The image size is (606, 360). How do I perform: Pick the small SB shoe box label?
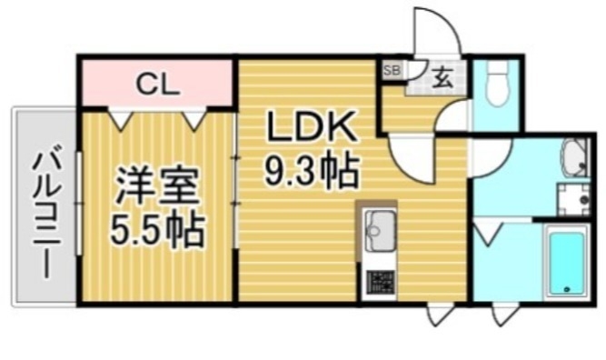(x=392, y=69)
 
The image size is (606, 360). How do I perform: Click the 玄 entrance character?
(x=442, y=76)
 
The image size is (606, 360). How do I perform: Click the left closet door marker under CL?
(x=120, y=118)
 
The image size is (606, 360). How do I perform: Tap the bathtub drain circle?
(x=567, y=291)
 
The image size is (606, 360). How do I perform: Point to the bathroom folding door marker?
(x=491, y=232)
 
